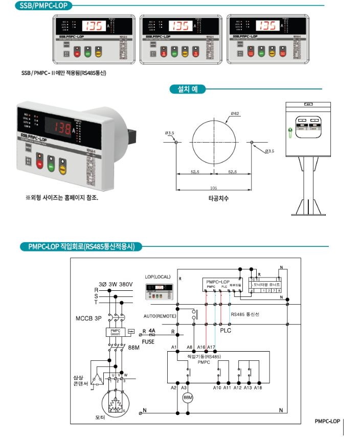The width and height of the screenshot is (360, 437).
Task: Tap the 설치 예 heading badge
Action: tap(187, 89)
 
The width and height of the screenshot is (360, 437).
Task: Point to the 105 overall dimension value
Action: tap(213, 188)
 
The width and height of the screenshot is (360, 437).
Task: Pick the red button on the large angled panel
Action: tap(40, 165)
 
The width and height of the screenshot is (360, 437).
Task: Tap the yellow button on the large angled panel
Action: tap(63, 169)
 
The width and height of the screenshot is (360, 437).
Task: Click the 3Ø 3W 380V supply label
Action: tap(116, 284)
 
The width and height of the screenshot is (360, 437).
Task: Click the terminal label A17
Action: tap(211, 347)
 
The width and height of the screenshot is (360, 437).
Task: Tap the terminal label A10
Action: tap(217, 388)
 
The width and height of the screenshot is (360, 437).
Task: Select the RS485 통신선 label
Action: tap(245, 314)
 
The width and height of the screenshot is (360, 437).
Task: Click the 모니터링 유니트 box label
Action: tap(265, 282)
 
